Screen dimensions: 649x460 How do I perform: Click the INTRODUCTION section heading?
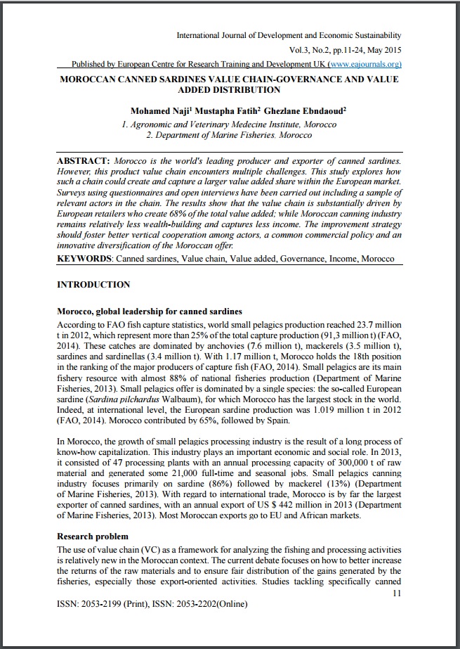coord(93,285)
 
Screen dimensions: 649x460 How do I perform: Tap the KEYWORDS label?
coord(84,259)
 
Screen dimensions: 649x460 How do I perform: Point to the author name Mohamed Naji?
coord(157,111)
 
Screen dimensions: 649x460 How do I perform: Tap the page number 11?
coord(397,593)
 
